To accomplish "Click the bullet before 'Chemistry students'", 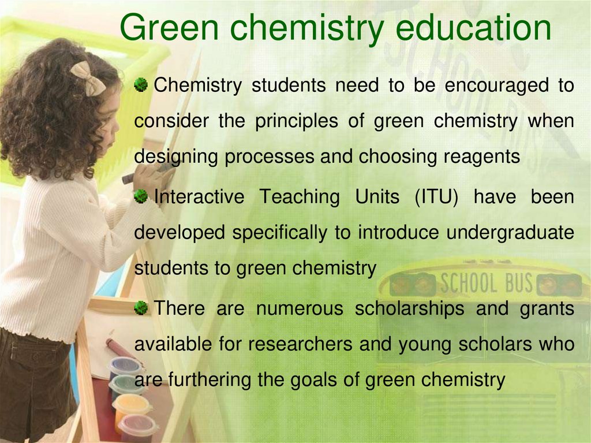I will pos(141,86).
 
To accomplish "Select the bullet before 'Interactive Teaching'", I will pos(141,197).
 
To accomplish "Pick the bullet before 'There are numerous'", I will pos(141,308).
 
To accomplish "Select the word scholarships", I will pos(409,308).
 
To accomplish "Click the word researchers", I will pos(300,344).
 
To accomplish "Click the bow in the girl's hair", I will pos(87,78).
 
